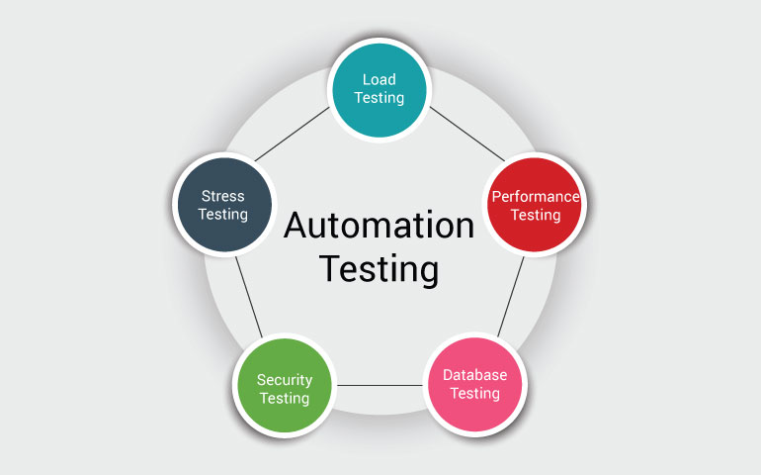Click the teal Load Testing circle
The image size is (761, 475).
[x=380, y=88]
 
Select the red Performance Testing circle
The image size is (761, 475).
[x=535, y=205]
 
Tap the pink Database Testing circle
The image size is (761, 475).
[x=474, y=384]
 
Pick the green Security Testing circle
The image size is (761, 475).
[x=284, y=387]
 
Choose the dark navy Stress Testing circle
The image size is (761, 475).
[x=223, y=206]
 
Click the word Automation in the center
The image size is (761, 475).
[x=380, y=226]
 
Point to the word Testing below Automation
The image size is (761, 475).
[x=379, y=268]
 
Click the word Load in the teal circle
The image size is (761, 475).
[x=380, y=78]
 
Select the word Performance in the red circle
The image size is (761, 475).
[x=536, y=196]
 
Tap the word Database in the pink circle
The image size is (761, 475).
[x=475, y=375]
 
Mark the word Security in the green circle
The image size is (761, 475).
[x=285, y=379]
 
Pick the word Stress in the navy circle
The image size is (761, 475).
[x=222, y=196]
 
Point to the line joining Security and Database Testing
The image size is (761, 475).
[x=380, y=384]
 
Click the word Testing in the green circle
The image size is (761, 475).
[x=285, y=398]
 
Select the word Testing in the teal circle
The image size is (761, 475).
[x=380, y=98]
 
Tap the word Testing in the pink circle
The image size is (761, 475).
[x=475, y=393]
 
